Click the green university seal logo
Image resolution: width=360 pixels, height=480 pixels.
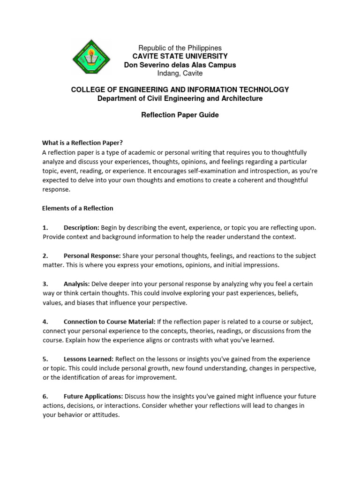[91, 60]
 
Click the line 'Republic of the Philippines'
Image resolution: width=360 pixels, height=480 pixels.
[180, 48]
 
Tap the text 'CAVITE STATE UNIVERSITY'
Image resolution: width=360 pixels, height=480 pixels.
[180, 57]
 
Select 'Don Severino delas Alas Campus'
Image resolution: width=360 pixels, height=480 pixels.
[180, 65]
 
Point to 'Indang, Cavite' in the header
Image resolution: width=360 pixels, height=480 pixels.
[180, 74]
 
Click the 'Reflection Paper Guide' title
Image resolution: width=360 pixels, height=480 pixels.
[180, 115]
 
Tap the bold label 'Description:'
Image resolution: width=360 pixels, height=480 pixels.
[81, 227]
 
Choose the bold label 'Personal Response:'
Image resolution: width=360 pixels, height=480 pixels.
[92, 255]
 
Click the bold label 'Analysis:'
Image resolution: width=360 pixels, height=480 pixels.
[76, 284]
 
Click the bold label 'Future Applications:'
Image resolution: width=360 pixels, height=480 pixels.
[93, 396]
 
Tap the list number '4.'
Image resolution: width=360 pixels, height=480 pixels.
[45, 322]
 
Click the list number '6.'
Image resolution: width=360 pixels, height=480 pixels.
[45, 396]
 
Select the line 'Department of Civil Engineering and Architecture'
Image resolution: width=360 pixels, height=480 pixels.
[180, 98]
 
